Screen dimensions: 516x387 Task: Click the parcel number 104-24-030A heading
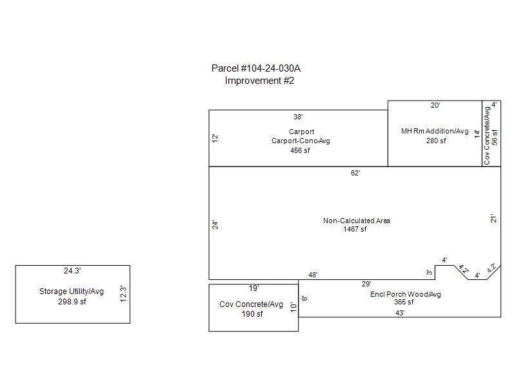[255, 68]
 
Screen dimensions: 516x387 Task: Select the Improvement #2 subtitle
[259, 81]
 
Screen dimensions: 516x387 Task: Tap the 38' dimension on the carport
[298, 117]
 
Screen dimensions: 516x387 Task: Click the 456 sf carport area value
[300, 150]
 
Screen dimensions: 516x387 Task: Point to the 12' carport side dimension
[215, 138]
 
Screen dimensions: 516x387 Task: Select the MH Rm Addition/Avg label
[435, 131]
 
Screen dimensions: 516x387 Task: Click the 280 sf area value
[436, 141]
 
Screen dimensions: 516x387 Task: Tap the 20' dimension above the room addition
[435, 105]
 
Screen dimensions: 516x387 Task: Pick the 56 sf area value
[495, 137]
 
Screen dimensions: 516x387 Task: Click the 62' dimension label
[355, 173]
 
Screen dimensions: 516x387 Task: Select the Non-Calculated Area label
[357, 221]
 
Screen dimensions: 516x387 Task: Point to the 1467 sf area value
[355, 230]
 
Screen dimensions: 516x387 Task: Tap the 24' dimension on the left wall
[215, 224]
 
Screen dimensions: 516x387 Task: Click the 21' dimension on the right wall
[493, 219]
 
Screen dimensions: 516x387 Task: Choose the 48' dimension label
[313, 275]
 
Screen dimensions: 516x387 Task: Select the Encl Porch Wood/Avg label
[406, 294]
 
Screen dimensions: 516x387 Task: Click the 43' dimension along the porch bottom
[400, 313]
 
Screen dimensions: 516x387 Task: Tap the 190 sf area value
[252, 314]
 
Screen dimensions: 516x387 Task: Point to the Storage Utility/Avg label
[72, 292]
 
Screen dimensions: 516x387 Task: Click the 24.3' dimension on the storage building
[72, 271]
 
